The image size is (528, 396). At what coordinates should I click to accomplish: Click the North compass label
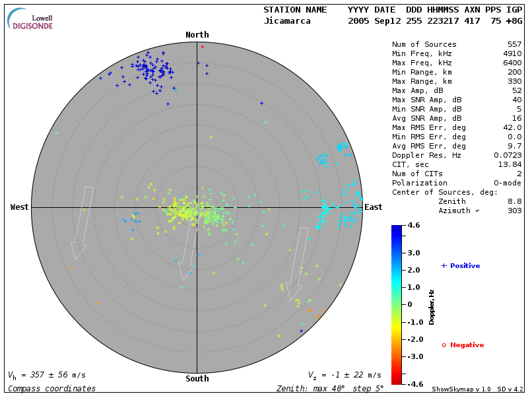coord(197,35)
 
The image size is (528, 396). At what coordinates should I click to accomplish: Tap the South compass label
coord(197,379)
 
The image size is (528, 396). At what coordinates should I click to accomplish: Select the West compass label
coord(20,207)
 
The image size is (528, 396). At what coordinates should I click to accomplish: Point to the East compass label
coord(373,207)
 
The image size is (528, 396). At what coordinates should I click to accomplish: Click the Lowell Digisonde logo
coord(31,19)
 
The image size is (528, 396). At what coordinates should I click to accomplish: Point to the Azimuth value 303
coord(514,211)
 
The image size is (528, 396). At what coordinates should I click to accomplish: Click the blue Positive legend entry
coord(461,265)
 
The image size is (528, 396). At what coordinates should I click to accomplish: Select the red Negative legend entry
coord(463,345)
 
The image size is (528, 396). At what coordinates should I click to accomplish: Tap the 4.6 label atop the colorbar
coord(414,226)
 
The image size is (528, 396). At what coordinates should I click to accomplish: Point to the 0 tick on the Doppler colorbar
coord(410,304)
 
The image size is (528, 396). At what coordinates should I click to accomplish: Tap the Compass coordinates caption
coord(51,388)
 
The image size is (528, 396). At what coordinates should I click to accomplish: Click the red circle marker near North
coord(203,47)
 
